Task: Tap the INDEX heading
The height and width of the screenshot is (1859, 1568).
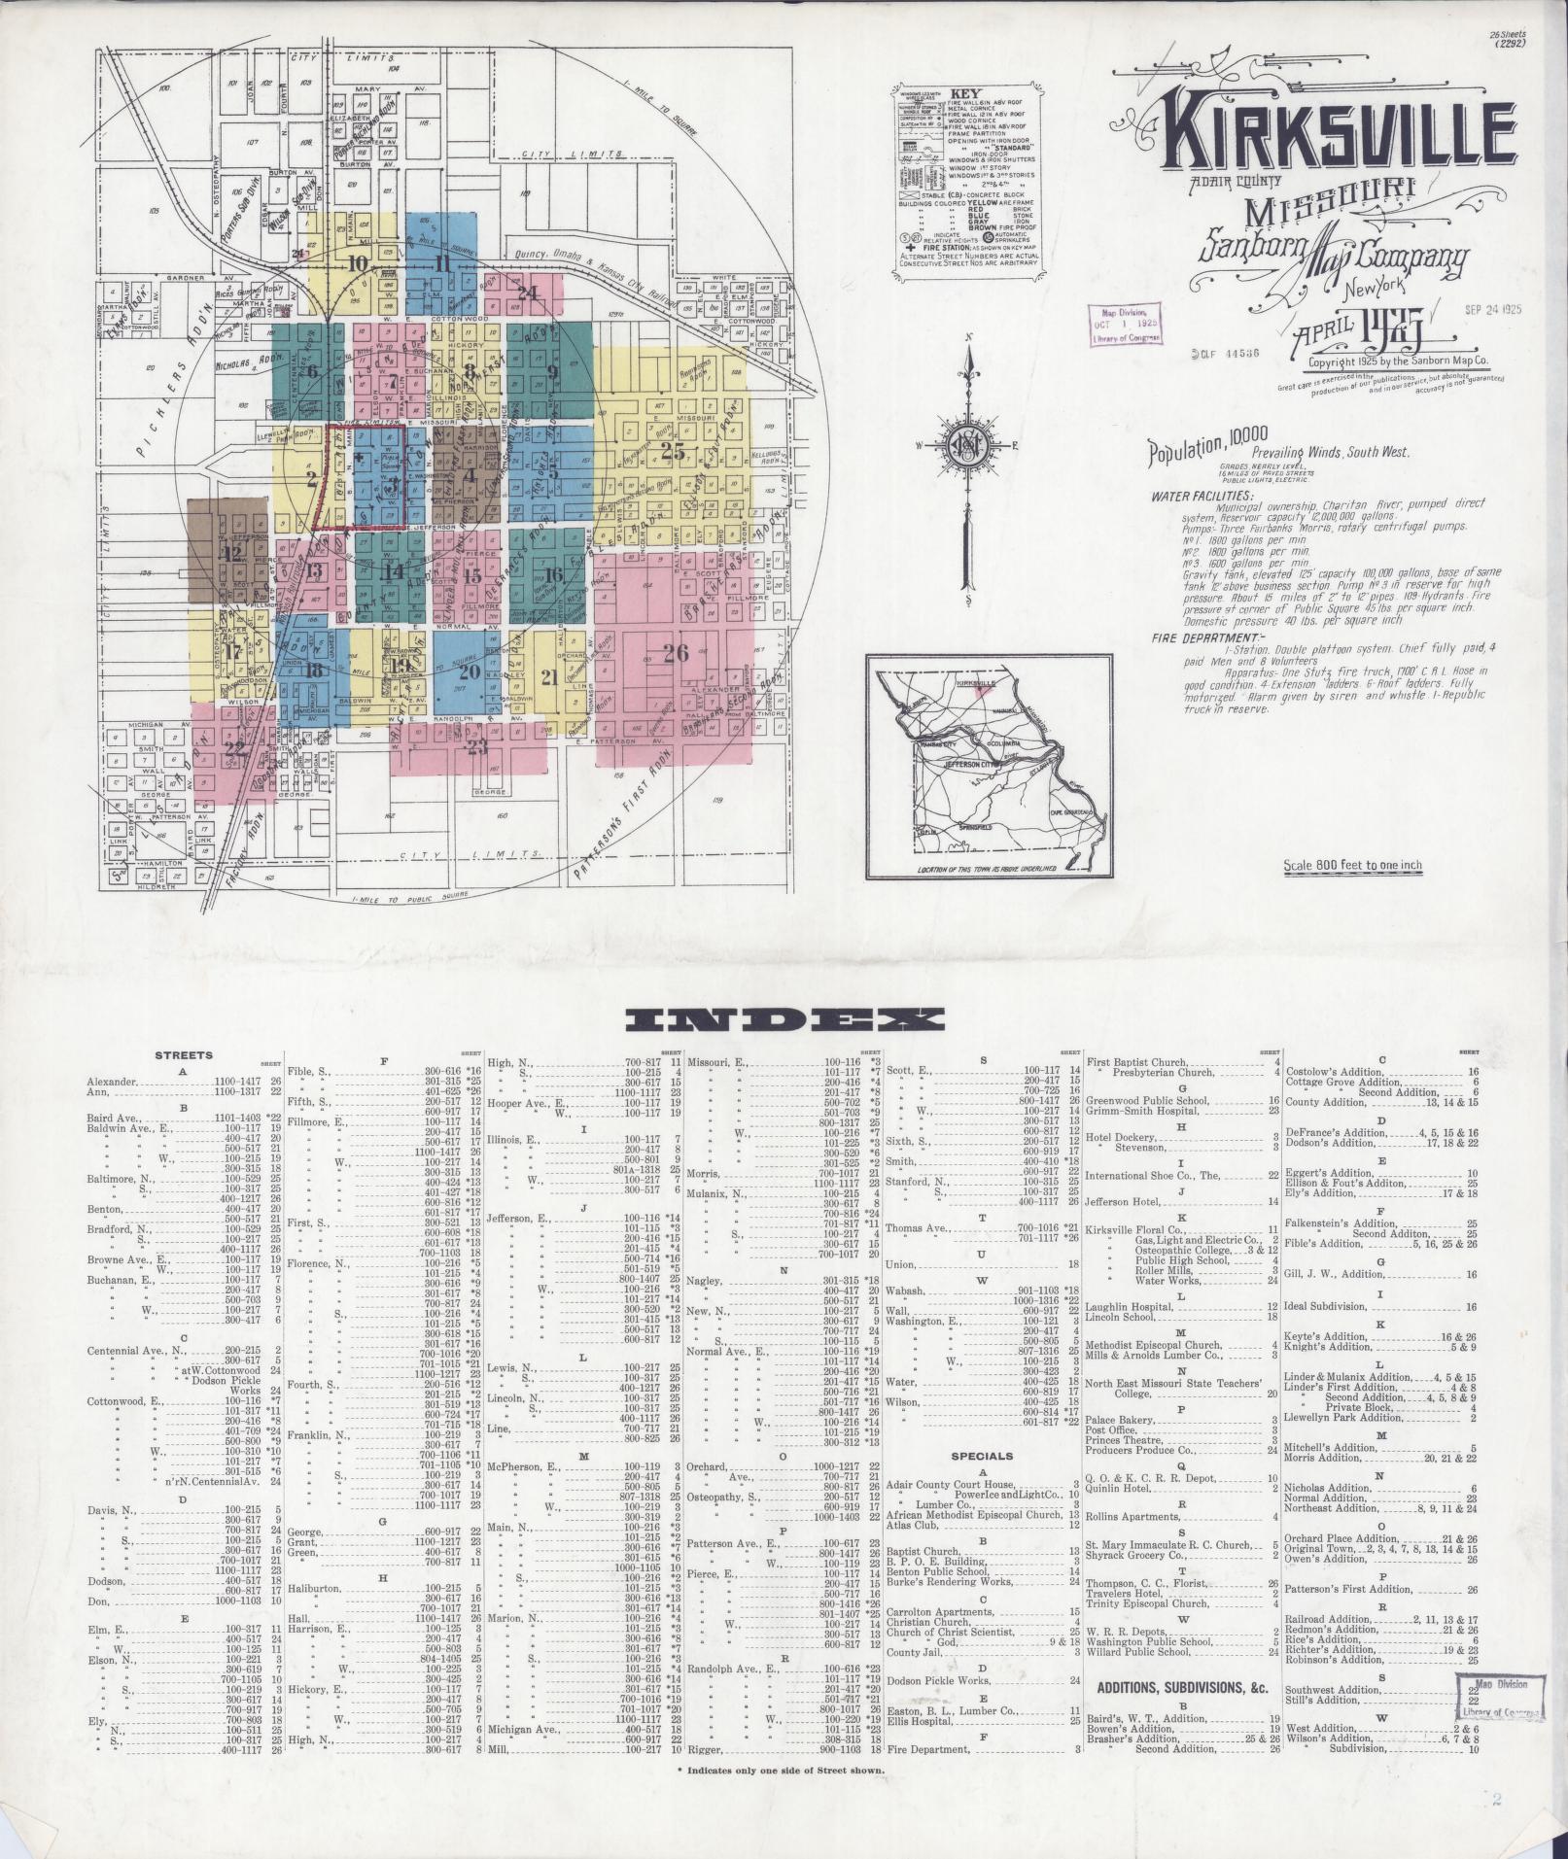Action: pyautogui.click(x=785, y=1018)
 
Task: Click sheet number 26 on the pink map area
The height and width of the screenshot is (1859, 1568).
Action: pyautogui.click(x=676, y=653)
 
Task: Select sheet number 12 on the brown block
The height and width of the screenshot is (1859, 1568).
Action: pyautogui.click(x=231, y=554)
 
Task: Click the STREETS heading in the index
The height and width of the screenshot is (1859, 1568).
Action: pyautogui.click(x=183, y=1055)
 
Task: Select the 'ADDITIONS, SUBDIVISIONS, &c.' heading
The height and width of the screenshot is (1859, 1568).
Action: pyautogui.click(x=1183, y=1688)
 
